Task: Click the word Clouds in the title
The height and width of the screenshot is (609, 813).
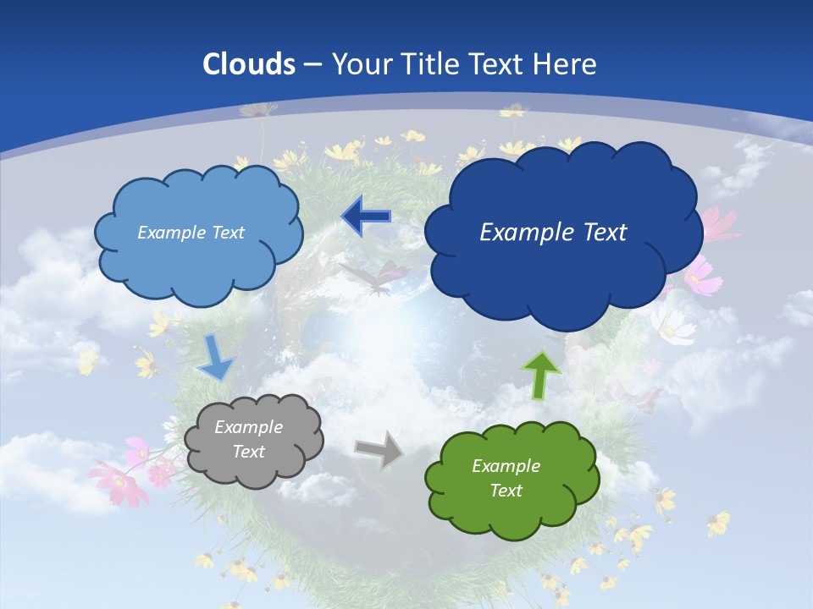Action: click(249, 64)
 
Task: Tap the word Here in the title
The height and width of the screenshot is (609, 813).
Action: click(565, 64)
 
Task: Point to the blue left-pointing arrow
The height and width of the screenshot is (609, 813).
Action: click(366, 217)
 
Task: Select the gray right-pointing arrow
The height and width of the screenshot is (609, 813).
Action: click(379, 448)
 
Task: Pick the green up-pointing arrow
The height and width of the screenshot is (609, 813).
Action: click(541, 373)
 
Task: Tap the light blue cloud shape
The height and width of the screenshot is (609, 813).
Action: click(199, 233)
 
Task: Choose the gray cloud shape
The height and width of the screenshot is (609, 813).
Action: click(253, 440)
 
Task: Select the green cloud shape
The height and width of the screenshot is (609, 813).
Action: click(512, 479)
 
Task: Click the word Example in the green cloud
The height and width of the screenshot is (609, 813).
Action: click(506, 466)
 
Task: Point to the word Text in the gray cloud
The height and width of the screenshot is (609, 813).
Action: click(248, 452)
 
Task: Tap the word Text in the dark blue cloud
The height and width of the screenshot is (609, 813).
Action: click(598, 233)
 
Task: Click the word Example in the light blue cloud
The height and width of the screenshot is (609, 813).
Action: click(169, 233)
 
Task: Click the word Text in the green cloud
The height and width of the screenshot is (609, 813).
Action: click(506, 491)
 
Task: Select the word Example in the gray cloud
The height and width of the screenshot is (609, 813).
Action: click(248, 427)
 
